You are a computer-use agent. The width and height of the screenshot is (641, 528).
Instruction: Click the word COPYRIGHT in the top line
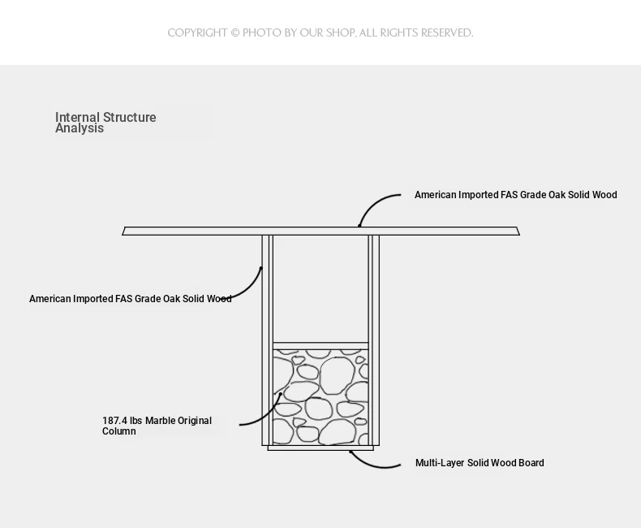pos(197,32)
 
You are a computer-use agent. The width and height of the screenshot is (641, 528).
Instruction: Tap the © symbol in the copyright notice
pos(235,32)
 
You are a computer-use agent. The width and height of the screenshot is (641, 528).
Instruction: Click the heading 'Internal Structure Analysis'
pos(105,123)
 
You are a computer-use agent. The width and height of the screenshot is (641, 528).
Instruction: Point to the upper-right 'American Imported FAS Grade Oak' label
pos(516,195)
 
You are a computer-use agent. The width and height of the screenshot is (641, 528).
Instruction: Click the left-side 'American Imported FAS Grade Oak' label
pos(131,299)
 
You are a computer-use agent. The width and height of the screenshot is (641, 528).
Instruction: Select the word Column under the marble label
pos(119,431)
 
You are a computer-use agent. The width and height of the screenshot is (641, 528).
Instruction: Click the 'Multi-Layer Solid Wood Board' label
pos(480,463)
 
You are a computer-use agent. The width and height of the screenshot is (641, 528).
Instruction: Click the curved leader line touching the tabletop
pos(372,203)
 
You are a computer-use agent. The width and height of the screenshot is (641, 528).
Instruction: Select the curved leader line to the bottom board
pos(370,463)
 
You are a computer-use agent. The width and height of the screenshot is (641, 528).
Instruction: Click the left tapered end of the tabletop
pos(124,232)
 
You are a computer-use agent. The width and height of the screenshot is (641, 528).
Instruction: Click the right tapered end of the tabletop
pos(518,232)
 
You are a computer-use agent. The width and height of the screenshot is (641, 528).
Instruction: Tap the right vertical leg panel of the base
pos(373,340)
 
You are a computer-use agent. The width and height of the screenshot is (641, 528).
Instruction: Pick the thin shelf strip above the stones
pos(320,346)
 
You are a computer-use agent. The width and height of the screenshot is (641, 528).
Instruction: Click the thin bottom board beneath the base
pos(320,448)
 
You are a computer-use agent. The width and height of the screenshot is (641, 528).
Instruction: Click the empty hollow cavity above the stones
pos(320,289)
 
